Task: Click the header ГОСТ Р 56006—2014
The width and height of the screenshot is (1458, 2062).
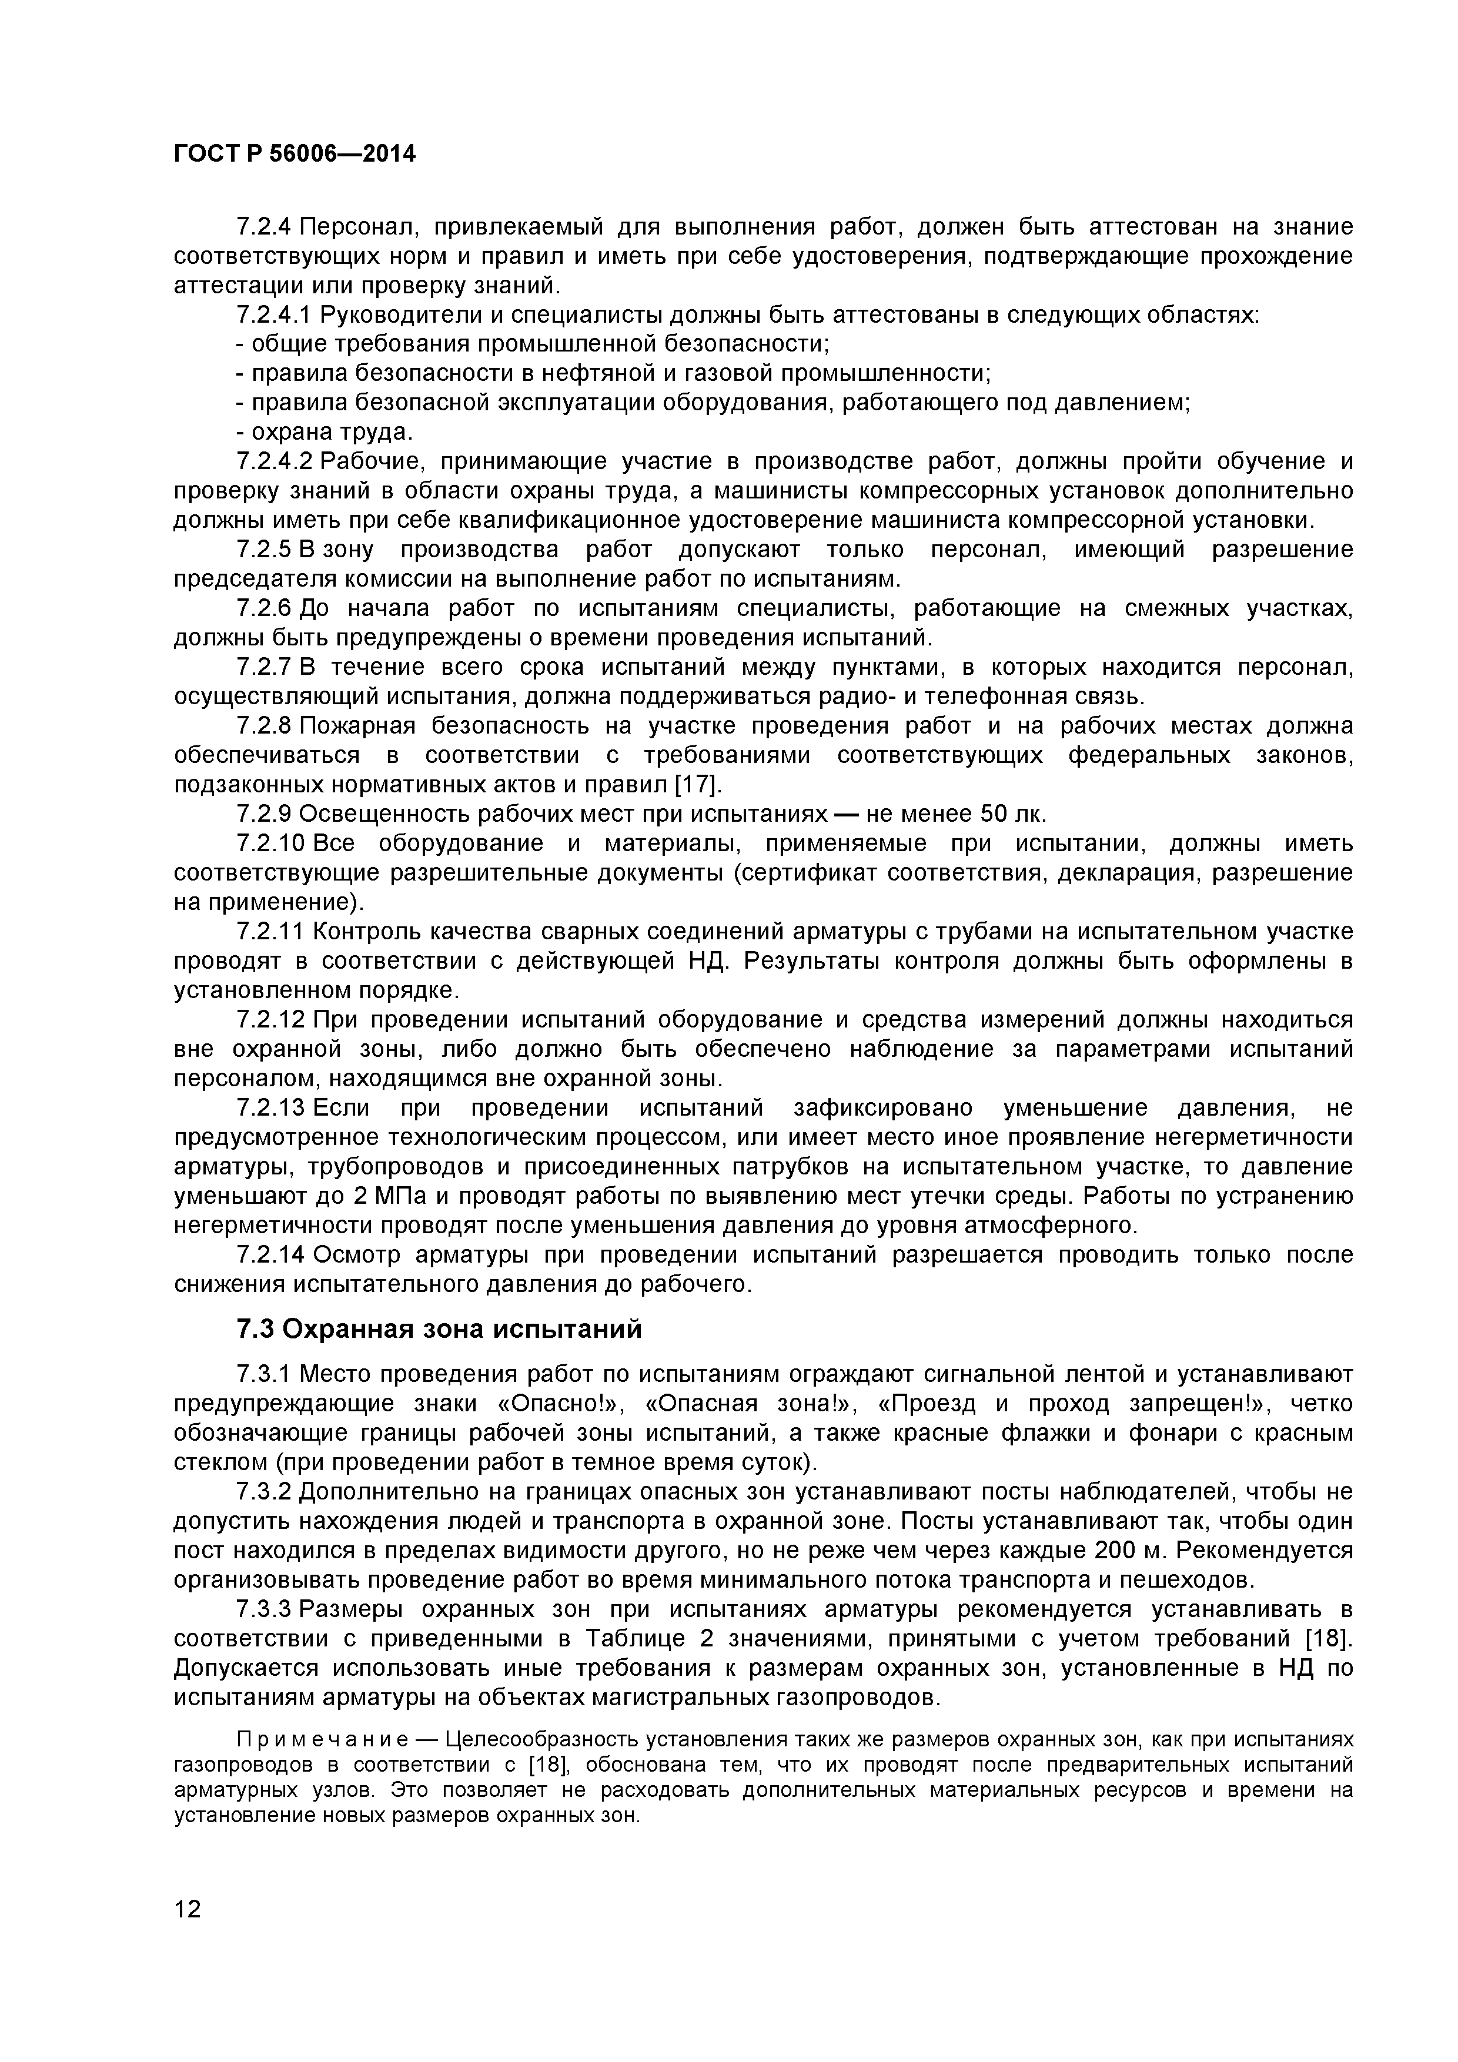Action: (295, 155)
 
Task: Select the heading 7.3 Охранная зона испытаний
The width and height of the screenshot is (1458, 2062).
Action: (439, 1329)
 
